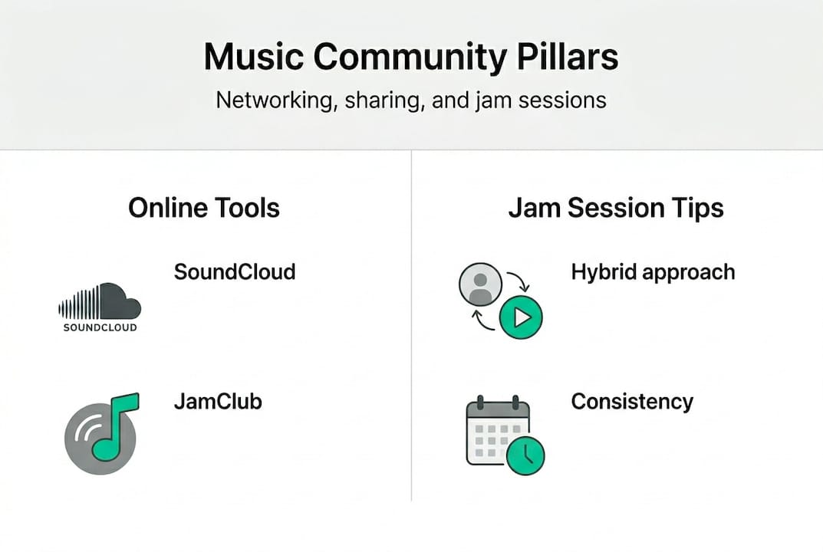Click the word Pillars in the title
[568, 57]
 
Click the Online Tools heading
[204, 207]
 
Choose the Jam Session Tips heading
[616, 208]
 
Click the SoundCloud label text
[235, 272]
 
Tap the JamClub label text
[218, 402]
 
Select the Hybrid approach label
[653, 273]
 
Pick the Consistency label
[632, 402]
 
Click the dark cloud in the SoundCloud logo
[120, 301]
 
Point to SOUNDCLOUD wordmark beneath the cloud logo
[100, 327]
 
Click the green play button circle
[521, 317]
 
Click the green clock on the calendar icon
[525, 455]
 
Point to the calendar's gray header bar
[498, 410]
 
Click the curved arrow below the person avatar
[483, 322]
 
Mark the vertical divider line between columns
[411, 325]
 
